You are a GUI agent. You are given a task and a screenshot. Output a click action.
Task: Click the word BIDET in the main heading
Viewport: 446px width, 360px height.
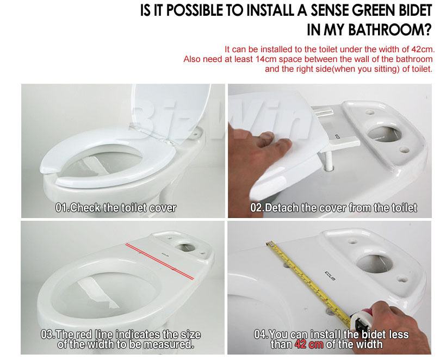pos(413,10)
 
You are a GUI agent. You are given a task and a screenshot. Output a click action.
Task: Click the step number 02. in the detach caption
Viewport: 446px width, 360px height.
pos(257,208)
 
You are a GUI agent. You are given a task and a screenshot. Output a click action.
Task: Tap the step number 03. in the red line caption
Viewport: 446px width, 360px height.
pos(48,334)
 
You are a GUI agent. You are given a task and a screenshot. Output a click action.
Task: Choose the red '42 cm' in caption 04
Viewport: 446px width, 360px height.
pos(309,344)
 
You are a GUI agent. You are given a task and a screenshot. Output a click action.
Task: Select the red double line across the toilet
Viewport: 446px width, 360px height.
pos(160,262)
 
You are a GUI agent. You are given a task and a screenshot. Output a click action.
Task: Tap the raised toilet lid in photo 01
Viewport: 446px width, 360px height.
pos(171,113)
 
